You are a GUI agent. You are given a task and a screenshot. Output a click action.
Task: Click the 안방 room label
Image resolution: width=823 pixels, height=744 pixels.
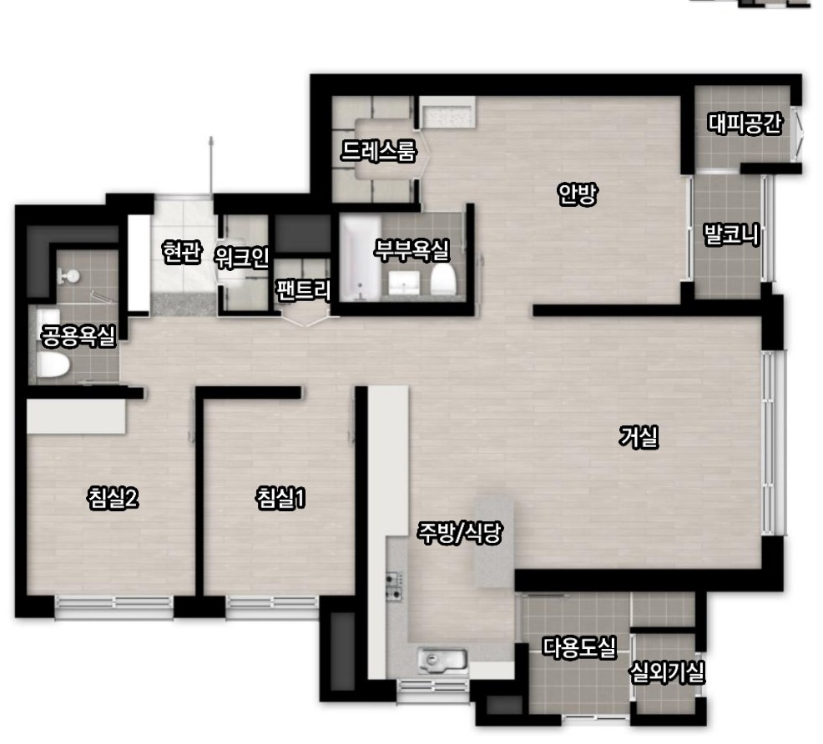point(577,194)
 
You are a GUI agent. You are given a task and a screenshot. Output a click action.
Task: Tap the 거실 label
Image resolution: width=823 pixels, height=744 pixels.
point(639,436)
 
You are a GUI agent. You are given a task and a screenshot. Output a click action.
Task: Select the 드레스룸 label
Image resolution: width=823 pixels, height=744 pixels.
point(378,151)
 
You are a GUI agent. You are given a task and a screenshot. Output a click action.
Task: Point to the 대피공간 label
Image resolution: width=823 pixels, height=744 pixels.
point(745,123)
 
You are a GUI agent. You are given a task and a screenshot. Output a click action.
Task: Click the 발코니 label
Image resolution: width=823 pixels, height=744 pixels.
point(732,234)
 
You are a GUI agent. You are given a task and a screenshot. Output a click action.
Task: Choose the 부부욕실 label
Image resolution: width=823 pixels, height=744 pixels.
point(412,250)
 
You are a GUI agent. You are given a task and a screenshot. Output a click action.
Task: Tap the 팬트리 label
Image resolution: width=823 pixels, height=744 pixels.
point(303,290)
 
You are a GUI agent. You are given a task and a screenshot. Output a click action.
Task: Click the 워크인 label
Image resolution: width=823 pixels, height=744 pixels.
point(241,257)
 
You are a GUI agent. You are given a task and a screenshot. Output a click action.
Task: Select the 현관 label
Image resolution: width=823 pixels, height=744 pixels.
point(182,252)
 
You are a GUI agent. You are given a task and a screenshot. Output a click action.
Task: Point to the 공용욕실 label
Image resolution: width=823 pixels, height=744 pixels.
point(78,336)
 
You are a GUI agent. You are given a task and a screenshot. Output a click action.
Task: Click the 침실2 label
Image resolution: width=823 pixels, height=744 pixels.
point(114,498)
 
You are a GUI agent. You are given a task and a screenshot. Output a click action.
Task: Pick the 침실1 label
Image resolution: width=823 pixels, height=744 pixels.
point(280,498)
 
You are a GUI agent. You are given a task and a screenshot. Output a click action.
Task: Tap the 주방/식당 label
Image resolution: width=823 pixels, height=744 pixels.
point(460,533)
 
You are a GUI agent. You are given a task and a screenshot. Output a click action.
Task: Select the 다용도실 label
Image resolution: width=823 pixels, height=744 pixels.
point(579,647)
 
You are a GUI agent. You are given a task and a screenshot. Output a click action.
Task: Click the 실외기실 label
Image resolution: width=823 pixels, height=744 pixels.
point(667,672)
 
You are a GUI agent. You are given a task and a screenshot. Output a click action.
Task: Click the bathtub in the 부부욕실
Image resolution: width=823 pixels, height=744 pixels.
point(361,259)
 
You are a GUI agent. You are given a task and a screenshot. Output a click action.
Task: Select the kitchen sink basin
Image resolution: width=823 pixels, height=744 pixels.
point(442,659)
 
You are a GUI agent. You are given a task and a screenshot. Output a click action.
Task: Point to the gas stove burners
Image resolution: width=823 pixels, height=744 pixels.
point(395,586)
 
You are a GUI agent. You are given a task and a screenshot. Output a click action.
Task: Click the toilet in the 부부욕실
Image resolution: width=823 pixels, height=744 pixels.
point(443,279)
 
